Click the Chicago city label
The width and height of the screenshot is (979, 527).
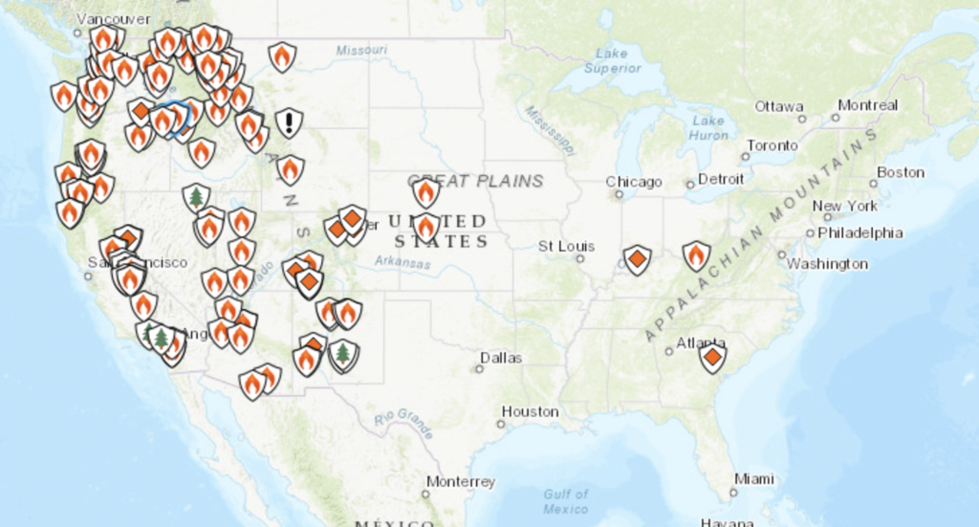[x=633, y=182]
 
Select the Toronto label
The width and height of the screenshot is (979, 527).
[x=772, y=145]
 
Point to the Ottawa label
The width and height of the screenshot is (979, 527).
[x=778, y=106]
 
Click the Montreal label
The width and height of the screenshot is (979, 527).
[x=867, y=105]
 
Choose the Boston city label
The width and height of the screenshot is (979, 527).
[x=901, y=172]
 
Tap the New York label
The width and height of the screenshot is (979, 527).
[x=844, y=206]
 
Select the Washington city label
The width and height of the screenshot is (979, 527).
[x=827, y=263]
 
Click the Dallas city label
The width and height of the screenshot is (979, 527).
[x=501, y=358]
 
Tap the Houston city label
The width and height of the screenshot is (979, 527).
[x=530, y=411]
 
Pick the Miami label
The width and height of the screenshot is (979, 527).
[x=754, y=478]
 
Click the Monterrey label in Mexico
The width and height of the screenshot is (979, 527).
[x=461, y=481]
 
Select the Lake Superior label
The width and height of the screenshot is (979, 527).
[x=611, y=60]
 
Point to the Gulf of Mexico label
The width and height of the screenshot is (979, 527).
[x=566, y=500]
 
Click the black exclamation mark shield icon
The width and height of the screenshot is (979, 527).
[x=289, y=122]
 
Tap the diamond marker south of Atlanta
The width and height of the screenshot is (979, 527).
[x=712, y=358]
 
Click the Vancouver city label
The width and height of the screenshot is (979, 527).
[x=113, y=18]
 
